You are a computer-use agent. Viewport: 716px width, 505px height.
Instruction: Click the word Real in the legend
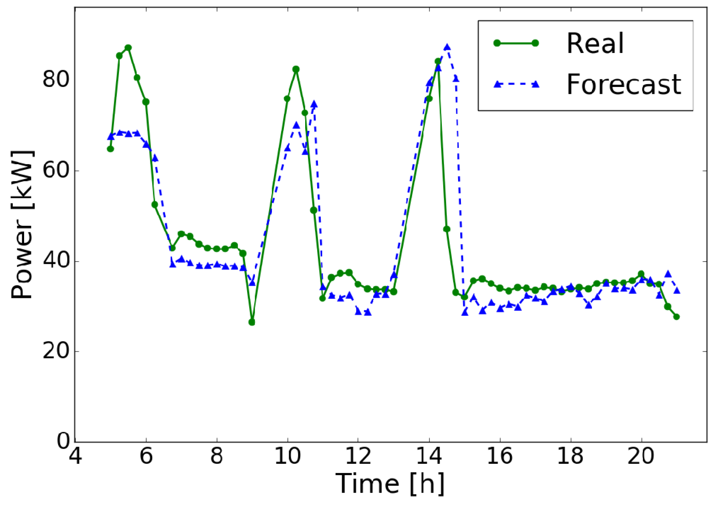coord(595,43)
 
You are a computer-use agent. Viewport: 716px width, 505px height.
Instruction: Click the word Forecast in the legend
coord(624,84)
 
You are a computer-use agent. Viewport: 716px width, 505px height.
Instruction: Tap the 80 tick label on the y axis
coord(56,79)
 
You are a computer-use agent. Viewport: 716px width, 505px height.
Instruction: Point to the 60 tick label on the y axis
coord(56,170)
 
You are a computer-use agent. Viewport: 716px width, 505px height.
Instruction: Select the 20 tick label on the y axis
coord(56,351)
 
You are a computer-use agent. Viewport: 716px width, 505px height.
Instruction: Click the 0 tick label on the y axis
coord(63,441)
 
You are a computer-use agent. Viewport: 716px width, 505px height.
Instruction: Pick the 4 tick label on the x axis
coord(75,456)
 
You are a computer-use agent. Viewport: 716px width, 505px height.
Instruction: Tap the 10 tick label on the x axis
coord(287,456)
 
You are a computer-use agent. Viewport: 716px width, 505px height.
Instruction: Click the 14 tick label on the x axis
coord(429,456)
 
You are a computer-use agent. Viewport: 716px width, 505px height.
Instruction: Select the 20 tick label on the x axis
coord(641,456)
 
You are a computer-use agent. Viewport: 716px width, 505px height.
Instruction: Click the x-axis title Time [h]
coord(390,484)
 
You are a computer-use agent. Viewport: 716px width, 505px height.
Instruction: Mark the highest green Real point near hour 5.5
coord(128,48)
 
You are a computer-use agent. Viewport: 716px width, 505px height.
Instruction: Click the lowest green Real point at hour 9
coord(252,322)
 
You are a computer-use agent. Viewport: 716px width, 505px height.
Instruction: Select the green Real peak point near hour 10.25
coord(296,69)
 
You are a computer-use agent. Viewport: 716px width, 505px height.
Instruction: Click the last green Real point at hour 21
coord(676,317)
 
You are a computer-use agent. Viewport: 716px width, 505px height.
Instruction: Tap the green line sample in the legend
coord(516,43)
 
